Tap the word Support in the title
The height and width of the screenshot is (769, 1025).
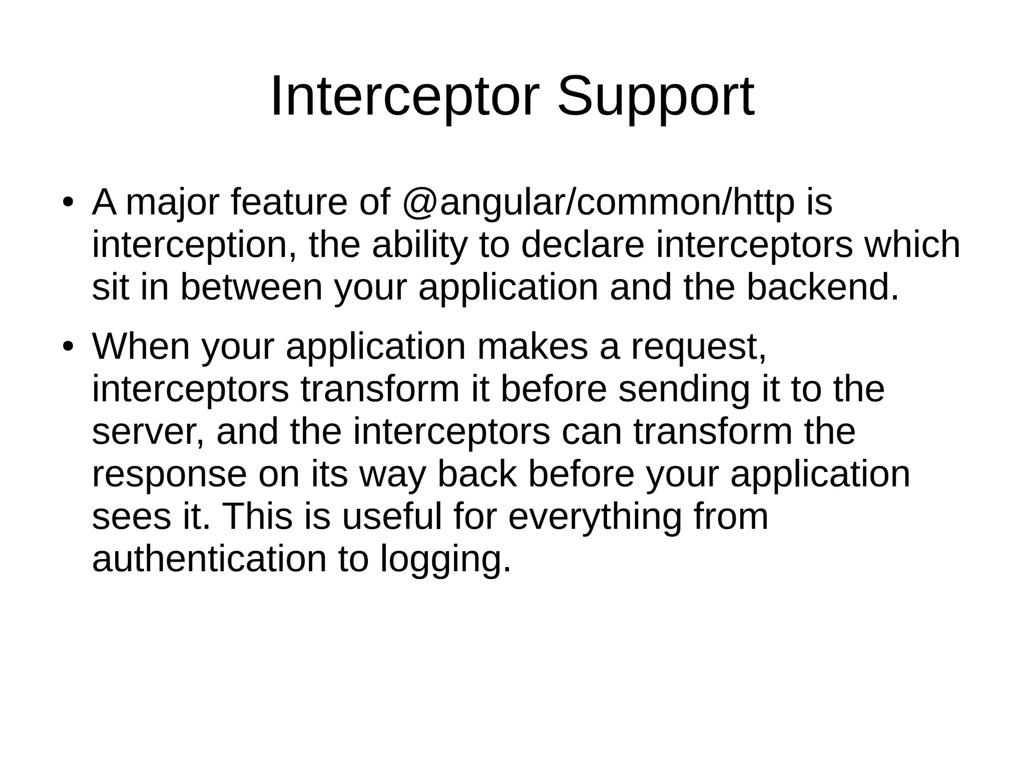[x=655, y=98]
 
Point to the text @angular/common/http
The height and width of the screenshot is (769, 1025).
[x=598, y=202]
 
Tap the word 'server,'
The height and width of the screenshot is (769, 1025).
[x=148, y=433]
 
